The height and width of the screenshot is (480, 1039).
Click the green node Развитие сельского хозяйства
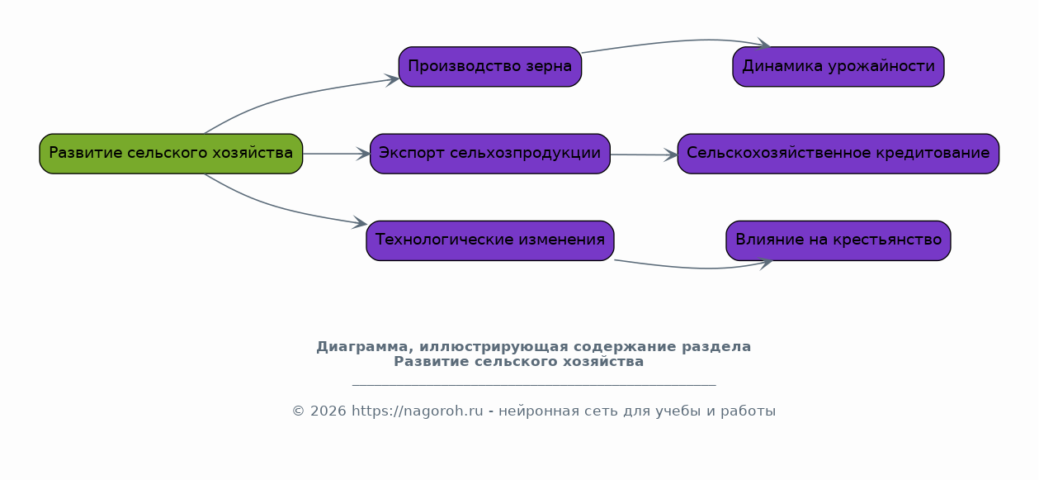click(171, 154)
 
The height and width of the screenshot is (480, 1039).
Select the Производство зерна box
click(490, 66)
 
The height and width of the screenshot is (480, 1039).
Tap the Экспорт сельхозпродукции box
click(490, 154)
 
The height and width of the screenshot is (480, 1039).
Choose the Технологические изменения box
click(490, 240)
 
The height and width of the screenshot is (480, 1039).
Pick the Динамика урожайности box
click(838, 66)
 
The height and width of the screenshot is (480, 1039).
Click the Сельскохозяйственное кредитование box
click(838, 154)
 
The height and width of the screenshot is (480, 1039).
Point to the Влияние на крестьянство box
click(838, 240)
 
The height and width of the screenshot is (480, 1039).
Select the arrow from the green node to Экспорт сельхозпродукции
click(336, 154)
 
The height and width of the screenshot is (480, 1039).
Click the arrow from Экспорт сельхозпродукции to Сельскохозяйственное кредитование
click(644, 154)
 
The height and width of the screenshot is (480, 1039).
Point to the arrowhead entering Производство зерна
click(392, 80)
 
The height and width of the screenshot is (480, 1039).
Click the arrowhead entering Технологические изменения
click(360, 223)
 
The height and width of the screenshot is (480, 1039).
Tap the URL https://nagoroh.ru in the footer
click(418, 411)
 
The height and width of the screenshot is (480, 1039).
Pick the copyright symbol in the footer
click(298, 411)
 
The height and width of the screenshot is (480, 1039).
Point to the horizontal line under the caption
click(534, 385)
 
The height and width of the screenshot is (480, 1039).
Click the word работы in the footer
click(748, 411)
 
